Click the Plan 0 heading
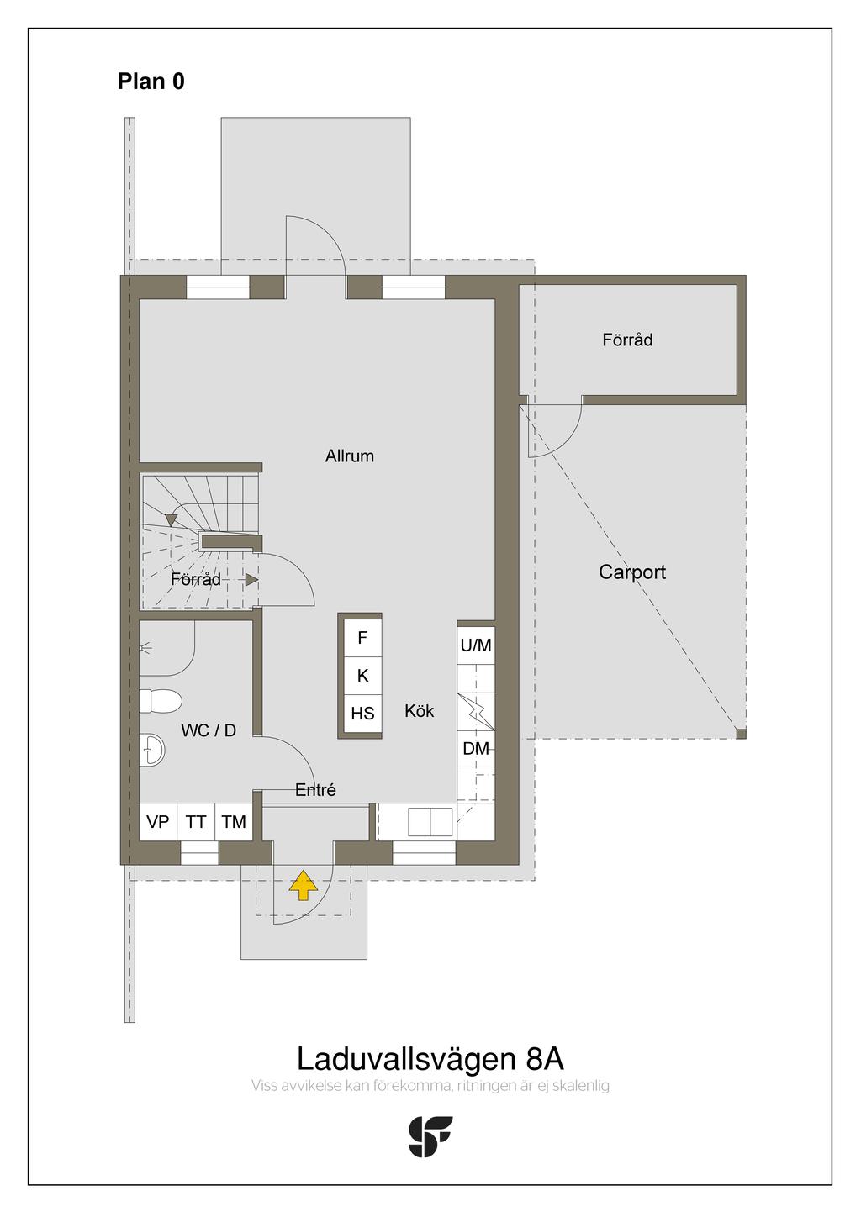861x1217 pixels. click(x=151, y=82)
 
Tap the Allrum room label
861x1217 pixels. click(x=350, y=456)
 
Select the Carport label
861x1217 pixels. click(x=632, y=572)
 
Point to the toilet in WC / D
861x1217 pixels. click(x=161, y=701)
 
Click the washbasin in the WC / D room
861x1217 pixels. click(x=151, y=750)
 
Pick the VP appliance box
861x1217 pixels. click(x=158, y=822)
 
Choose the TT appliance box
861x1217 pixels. click(x=196, y=822)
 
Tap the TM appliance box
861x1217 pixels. click(x=234, y=822)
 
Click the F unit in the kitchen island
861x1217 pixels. click(x=362, y=637)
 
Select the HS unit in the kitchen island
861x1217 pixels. click(x=362, y=714)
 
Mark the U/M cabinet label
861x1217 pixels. click(x=476, y=645)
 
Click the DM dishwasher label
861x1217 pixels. click(x=476, y=749)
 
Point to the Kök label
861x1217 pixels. click(x=419, y=711)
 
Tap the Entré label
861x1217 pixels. click(x=315, y=790)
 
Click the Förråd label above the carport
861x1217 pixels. click(x=627, y=340)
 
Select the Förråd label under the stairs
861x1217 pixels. click(x=196, y=579)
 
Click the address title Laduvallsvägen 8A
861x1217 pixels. click(x=430, y=1059)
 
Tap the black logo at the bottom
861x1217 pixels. click(x=430, y=1136)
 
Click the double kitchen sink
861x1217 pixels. click(x=430, y=821)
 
